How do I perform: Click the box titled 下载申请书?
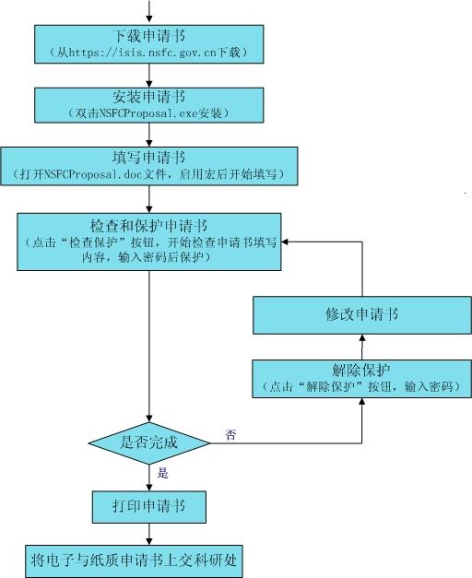pyautogui.click(x=149, y=44)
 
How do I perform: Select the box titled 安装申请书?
pyautogui.click(x=149, y=105)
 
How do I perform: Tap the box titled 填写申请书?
pyautogui.click(x=149, y=166)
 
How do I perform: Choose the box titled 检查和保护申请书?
pyautogui.click(x=149, y=242)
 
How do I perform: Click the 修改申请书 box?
pyautogui.click(x=362, y=315)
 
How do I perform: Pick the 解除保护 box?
pyautogui.click(x=361, y=379)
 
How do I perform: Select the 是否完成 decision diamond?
pyautogui.click(x=149, y=443)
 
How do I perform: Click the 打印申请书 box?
pyautogui.click(x=149, y=507)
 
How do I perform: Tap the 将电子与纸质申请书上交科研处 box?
pyautogui.click(x=134, y=561)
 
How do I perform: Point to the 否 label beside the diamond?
pyautogui.click(x=230, y=435)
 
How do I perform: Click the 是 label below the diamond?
pyautogui.click(x=162, y=473)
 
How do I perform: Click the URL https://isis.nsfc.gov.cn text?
pyautogui.click(x=142, y=53)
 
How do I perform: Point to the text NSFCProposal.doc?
pyautogui.click(x=93, y=174)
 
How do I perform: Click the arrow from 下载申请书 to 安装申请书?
pyautogui.click(x=149, y=76)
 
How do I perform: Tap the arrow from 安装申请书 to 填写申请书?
pyautogui.click(x=149, y=135)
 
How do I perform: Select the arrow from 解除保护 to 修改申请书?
pyautogui.click(x=362, y=348)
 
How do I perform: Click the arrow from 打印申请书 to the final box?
pyautogui.click(x=149, y=534)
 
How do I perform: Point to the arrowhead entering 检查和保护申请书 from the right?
pyautogui.click(x=284, y=242)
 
